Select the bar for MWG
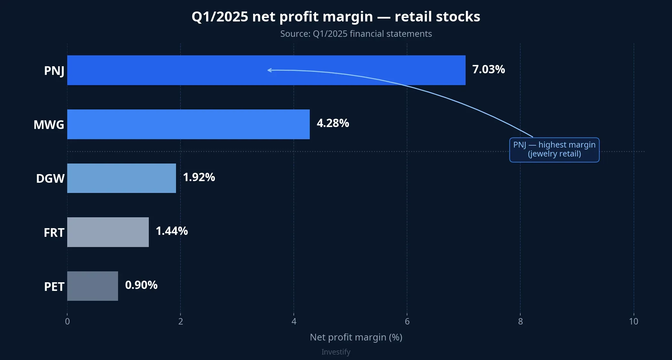pos(188,124)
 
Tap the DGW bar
pos(122,178)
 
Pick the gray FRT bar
pos(108,232)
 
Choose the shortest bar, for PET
pos(92,286)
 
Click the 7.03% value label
pos(488,69)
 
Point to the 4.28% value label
pos(332,123)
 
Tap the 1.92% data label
pos(199,177)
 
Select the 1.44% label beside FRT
pos(172,231)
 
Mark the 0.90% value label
pos(141,285)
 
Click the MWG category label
pos(49,124)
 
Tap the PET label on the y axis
pos(54,287)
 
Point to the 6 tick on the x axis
pos(407,321)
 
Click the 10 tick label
pos(633,321)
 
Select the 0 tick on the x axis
pos(67,321)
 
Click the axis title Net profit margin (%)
pos(356,337)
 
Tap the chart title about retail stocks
pos(336,17)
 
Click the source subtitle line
pos(356,34)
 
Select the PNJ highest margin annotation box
pos(554,149)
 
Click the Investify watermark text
pos(336,352)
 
